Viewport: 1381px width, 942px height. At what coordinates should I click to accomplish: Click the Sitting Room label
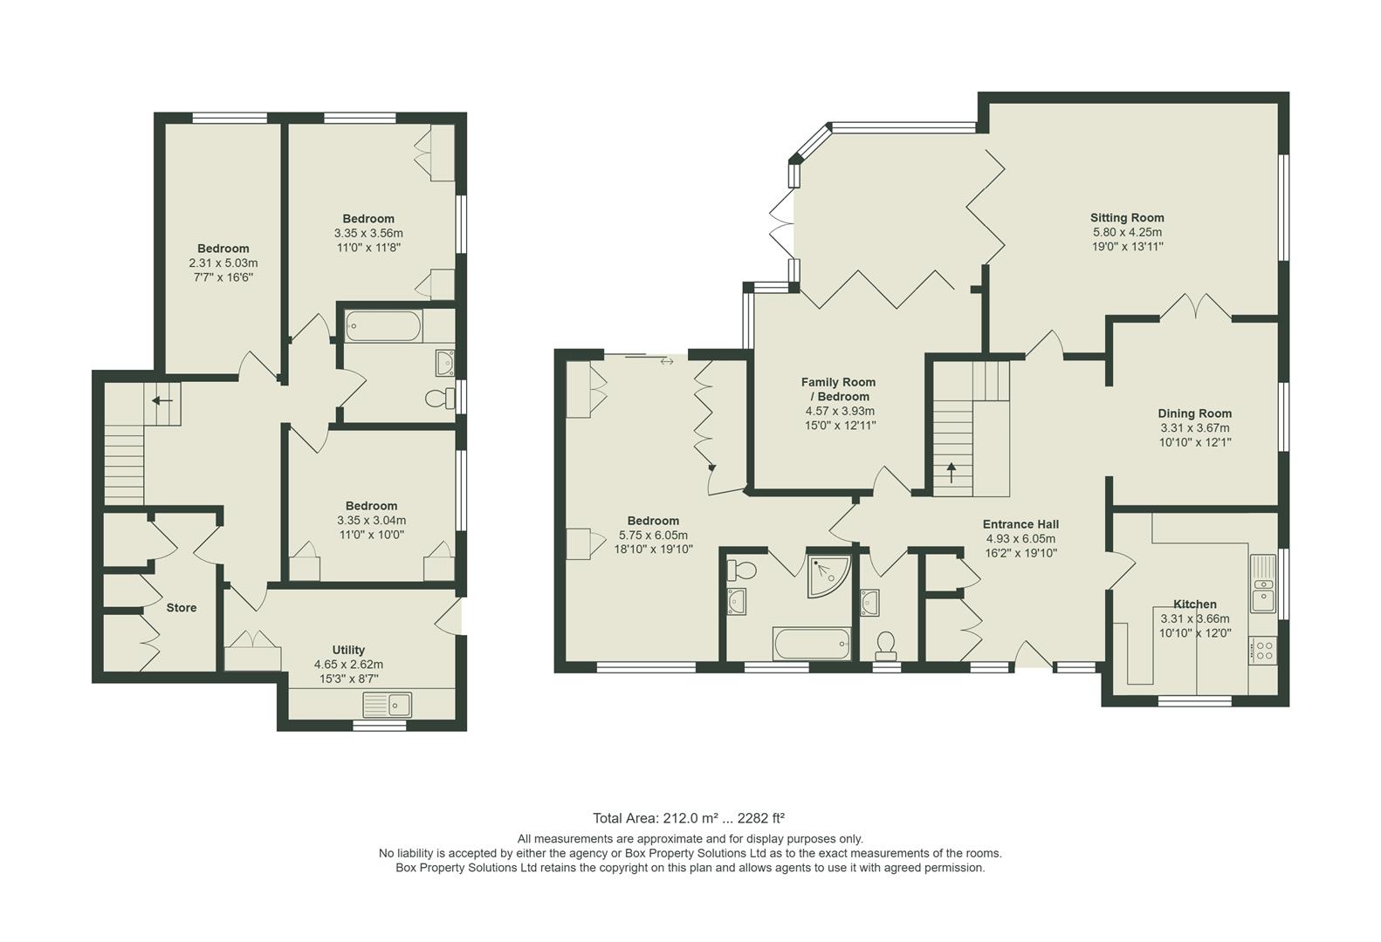pos(1126,218)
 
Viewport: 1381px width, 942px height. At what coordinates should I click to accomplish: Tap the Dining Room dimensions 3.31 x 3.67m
pos(1195,428)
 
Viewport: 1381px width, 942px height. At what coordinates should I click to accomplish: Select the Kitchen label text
pos(1194,604)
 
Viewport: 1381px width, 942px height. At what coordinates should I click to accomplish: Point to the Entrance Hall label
pos(1020,524)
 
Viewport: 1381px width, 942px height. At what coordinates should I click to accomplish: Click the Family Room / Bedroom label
pos(838,389)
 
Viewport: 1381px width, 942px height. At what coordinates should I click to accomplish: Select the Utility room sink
pos(388,703)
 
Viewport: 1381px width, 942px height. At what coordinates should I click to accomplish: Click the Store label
pos(182,608)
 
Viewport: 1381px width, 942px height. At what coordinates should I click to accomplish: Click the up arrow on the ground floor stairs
pos(951,472)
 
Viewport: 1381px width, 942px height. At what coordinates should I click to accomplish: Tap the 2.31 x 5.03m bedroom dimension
pos(223,263)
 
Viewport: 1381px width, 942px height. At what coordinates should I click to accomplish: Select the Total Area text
pos(688,818)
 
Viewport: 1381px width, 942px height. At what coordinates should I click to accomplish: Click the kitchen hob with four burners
pos(1262,651)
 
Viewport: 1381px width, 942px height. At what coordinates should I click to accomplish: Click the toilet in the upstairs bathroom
pos(440,399)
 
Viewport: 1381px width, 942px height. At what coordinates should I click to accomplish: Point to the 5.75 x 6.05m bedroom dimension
pos(653,536)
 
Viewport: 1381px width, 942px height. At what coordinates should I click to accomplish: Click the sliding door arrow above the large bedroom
pos(667,361)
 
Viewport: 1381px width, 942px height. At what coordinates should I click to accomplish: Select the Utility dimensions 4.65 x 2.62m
pos(348,665)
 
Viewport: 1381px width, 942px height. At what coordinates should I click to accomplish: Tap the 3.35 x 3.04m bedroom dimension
pos(371,521)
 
